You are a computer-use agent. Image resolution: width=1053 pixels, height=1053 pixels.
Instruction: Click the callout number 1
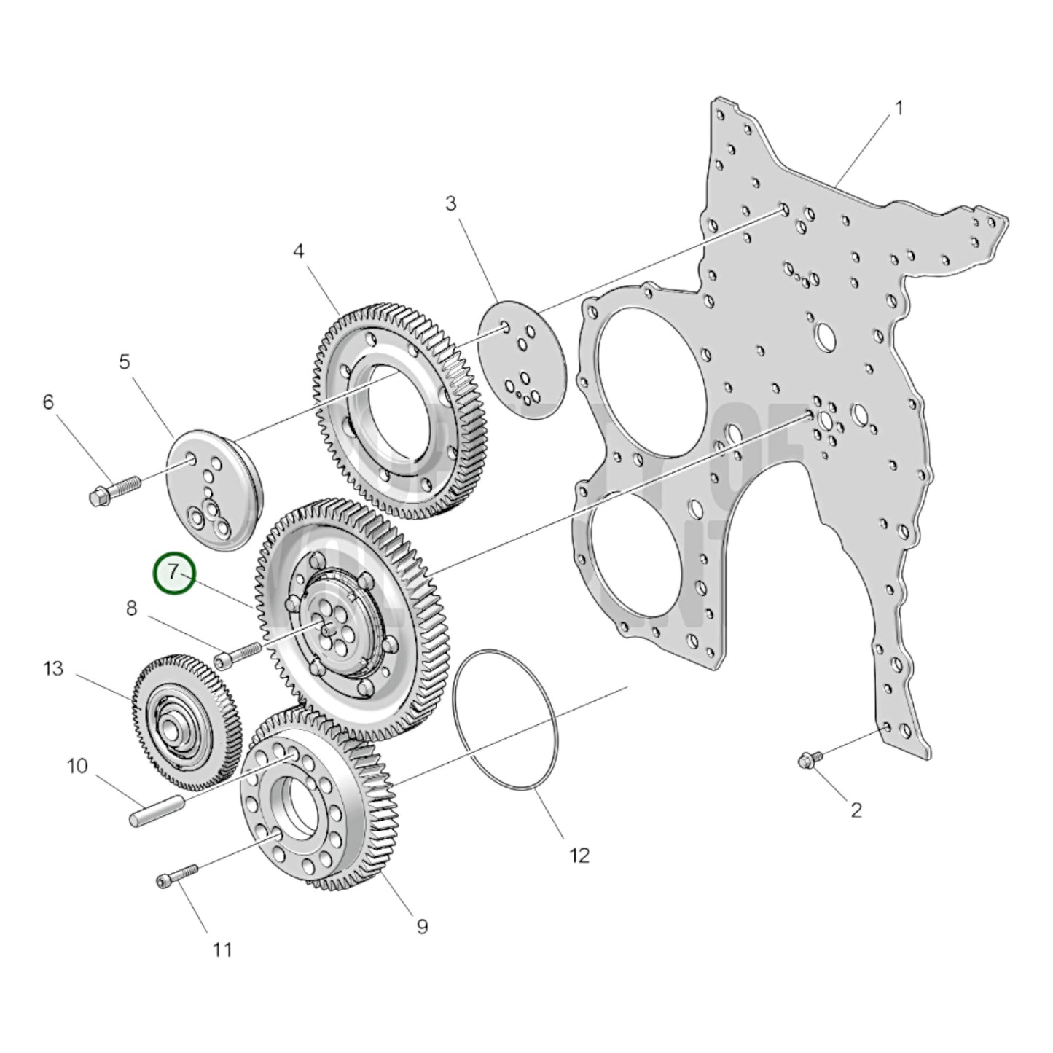pos(899,109)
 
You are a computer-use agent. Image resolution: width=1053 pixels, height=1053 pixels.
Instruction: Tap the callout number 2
pos(856,809)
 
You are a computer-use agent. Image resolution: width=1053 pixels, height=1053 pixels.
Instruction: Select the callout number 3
pos(451,204)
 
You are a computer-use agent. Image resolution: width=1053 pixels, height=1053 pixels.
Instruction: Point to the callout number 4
pos(299,251)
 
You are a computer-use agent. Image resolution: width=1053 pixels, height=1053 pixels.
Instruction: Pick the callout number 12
pos(579,855)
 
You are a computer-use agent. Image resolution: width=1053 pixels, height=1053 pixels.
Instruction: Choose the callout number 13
pos(53,668)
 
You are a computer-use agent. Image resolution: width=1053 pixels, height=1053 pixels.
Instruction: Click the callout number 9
pos(422,926)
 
